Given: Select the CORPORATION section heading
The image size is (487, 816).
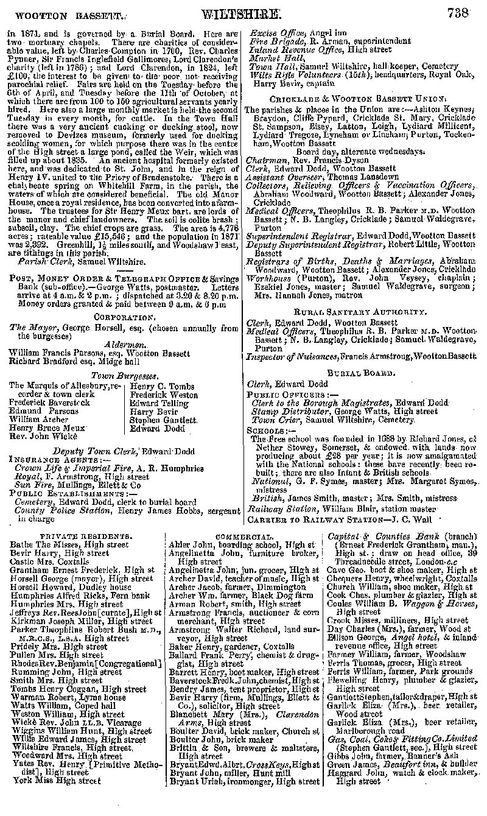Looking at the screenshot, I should (x=124, y=317).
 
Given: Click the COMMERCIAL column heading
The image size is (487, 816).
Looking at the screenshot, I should (x=242, y=536).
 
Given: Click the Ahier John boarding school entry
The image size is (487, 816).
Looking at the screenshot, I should (x=242, y=544).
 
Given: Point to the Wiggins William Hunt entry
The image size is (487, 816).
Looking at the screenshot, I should (x=82, y=731).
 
